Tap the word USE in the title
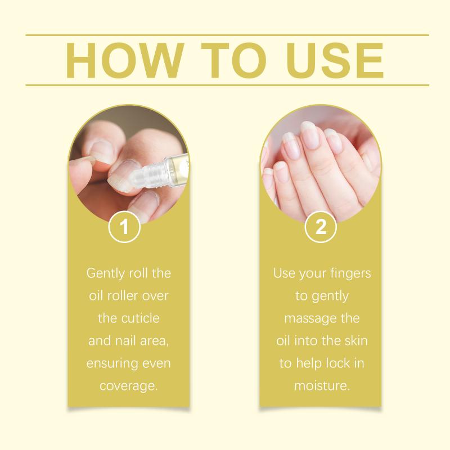pos(335,60)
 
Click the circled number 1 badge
pos(124,227)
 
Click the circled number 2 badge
pos(321,227)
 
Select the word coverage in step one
pos(128,386)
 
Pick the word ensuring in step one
pos(109,363)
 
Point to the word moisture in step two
pos(322,386)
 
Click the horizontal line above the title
pos(227,35)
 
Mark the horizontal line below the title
pos(227,85)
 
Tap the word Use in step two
pos(284,273)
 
